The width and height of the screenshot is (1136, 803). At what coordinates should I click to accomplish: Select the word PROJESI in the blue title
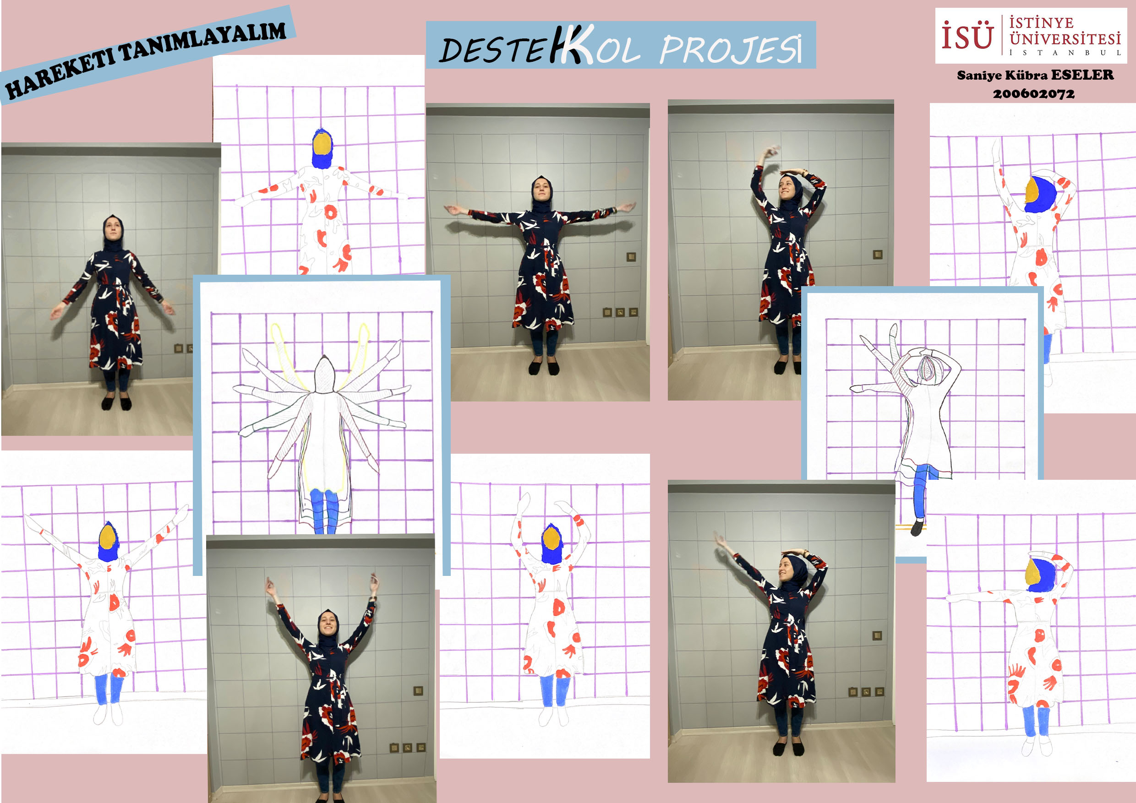coord(731,49)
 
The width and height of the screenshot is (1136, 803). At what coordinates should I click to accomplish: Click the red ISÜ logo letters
coord(967,35)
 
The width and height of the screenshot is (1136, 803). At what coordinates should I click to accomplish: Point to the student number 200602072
coord(1033,93)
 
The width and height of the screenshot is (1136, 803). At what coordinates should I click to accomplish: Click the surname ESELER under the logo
coord(1082,75)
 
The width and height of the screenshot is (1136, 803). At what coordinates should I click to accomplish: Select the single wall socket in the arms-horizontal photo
coord(631,257)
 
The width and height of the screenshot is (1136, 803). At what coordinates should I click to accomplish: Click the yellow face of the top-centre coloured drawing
coord(322,144)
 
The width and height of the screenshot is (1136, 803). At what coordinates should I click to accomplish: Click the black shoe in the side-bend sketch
coord(917,527)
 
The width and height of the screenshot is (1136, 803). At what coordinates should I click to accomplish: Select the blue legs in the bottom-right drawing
coord(1036,721)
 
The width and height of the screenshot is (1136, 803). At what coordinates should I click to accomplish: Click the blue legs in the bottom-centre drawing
coord(555,691)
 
